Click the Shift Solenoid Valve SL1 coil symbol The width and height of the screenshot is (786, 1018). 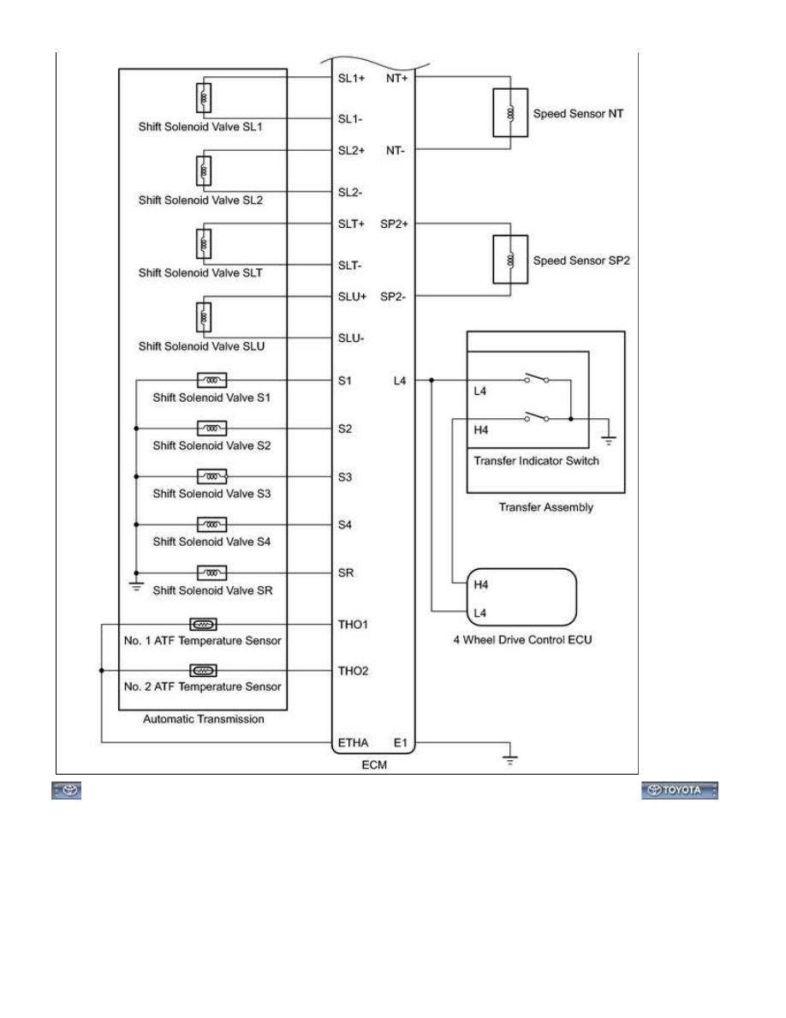(204, 98)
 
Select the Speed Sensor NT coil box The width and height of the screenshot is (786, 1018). (510, 113)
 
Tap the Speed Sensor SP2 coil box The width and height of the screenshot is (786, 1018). (510, 260)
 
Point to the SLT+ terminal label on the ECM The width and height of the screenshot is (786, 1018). (352, 224)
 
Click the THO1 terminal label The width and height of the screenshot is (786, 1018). (353, 625)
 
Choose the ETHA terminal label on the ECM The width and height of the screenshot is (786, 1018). (353, 743)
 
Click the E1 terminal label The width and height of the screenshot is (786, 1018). (401, 743)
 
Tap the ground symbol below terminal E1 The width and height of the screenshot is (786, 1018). (510, 758)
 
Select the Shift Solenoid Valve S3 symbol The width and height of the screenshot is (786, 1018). (212, 476)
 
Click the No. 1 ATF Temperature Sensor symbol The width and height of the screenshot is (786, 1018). (203, 625)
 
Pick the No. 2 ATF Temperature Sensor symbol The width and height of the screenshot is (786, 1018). (203, 671)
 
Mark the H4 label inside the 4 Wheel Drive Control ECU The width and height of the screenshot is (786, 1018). (480, 585)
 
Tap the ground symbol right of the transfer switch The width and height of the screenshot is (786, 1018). (608, 440)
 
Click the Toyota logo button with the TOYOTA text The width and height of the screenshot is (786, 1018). (680, 790)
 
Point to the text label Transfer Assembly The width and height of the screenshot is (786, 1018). (546, 507)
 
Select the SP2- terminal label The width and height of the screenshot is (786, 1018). (393, 296)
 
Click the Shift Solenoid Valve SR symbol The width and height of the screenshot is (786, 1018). (212, 572)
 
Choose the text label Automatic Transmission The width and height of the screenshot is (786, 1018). (204, 719)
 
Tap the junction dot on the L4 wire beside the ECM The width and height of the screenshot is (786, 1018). (432, 380)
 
